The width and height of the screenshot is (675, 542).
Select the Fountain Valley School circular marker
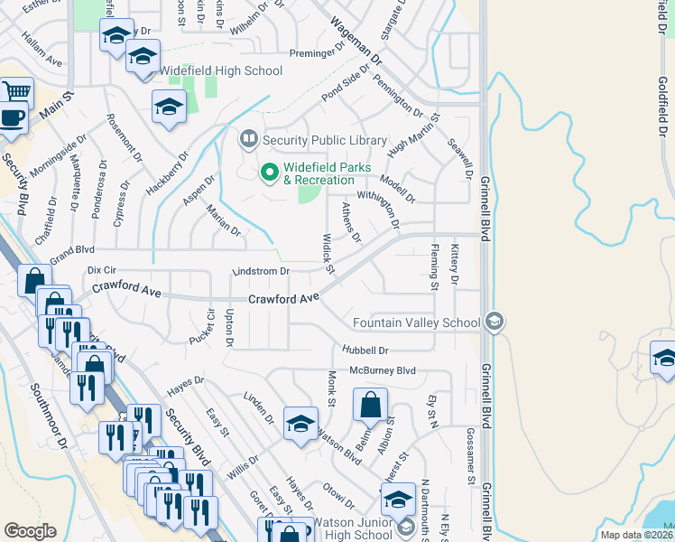[x=494, y=322]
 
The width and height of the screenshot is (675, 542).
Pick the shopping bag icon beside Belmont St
[x=371, y=405]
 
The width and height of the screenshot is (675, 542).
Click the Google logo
[x=30, y=531]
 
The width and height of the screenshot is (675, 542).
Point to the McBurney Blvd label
[x=383, y=370]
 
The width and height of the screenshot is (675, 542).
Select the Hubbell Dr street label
[x=365, y=350]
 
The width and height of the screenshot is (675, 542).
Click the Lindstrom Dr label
[x=260, y=270]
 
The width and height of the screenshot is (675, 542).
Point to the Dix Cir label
[x=101, y=270]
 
